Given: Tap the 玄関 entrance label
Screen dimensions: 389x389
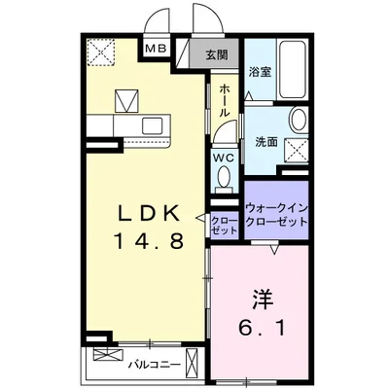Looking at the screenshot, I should click(x=216, y=55).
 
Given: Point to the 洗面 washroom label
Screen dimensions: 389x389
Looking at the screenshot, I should click(x=265, y=142).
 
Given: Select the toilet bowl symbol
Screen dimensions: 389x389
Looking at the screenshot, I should click(x=224, y=177).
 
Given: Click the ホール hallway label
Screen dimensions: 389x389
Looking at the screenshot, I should click(x=225, y=98).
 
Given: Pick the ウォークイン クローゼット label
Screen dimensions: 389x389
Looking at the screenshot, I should click(x=276, y=215).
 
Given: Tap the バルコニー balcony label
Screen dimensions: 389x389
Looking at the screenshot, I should click(x=147, y=366).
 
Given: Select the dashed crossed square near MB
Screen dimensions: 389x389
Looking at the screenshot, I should click(x=98, y=51).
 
